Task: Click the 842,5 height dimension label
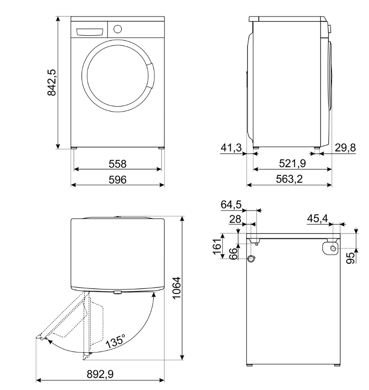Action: (x=52, y=82)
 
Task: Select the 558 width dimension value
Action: (x=118, y=164)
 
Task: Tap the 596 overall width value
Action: (x=118, y=179)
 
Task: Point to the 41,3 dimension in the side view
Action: (x=231, y=148)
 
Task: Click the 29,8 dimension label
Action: (x=345, y=148)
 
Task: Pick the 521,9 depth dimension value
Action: (x=293, y=163)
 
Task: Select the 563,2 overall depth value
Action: (x=289, y=179)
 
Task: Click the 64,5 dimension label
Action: (x=231, y=205)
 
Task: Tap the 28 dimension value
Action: (x=235, y=219)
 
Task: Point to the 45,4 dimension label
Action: (x=317, y=219)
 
